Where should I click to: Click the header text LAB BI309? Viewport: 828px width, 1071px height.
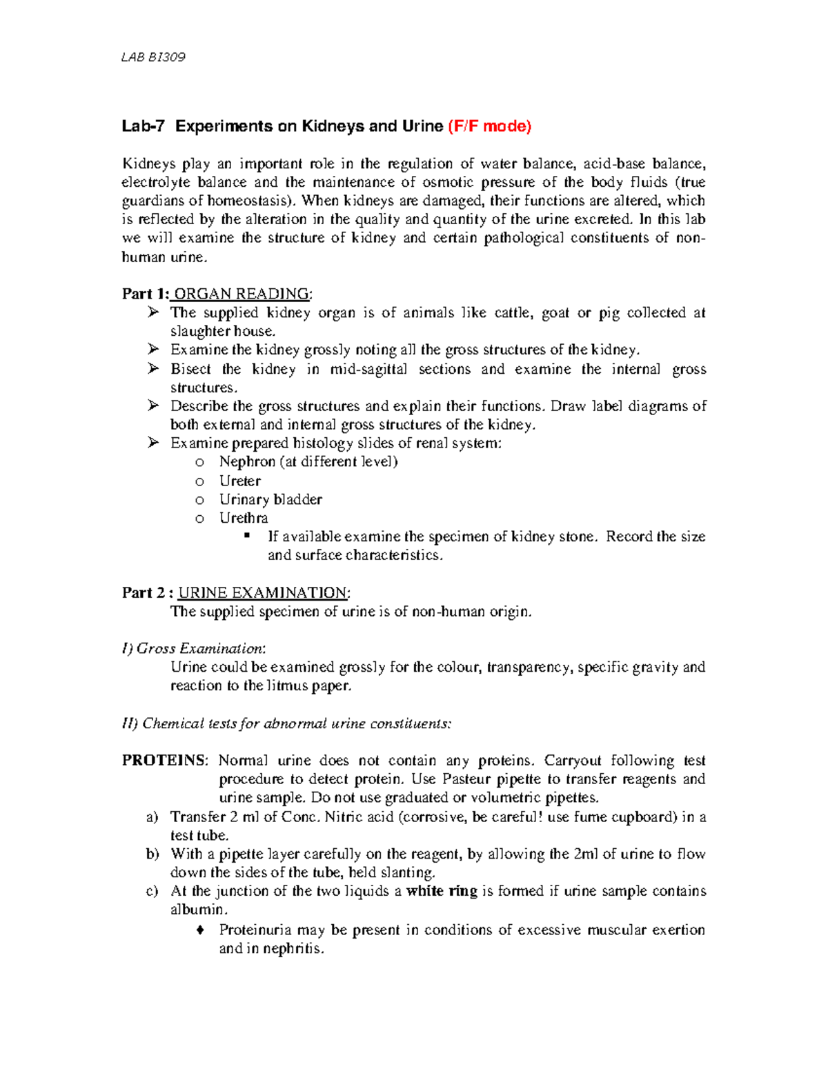pyautogui.click(x=153, y=57)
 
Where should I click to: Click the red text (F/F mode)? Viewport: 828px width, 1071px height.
pyautogui.click(x=489, y=126)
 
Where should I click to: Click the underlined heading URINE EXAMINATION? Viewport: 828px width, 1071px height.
pyautogui.click(x=263, y=593)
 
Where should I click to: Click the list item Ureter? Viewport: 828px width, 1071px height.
pyautogui.click(x=239, y=481)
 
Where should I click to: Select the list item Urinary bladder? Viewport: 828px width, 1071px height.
pyautogui.click(x=270, y=499)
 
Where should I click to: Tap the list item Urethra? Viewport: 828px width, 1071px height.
pyautogui.click(x=244, y=518)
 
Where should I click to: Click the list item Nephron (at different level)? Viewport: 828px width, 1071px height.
pyautogui.click(x=308, y=462)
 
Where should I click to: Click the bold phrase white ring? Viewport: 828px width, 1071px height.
pyautogui.click(x=442, y=891)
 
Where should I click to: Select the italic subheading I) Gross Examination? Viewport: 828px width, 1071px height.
pyautogui.click(x=193, y=648)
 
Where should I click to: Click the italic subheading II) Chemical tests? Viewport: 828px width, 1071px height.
pyautogui.click(x=286, y=723)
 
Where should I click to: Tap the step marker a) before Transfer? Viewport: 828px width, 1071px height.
pyautogui.click(x=152, y=817)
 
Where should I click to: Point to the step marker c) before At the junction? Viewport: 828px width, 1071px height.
pyautogui.click(x=152, y=891)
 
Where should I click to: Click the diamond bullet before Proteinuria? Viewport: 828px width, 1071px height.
pyautogui.click(x=200, y=930)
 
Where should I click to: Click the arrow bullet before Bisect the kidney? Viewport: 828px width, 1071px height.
pyautogui.click(x=153, y=369)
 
